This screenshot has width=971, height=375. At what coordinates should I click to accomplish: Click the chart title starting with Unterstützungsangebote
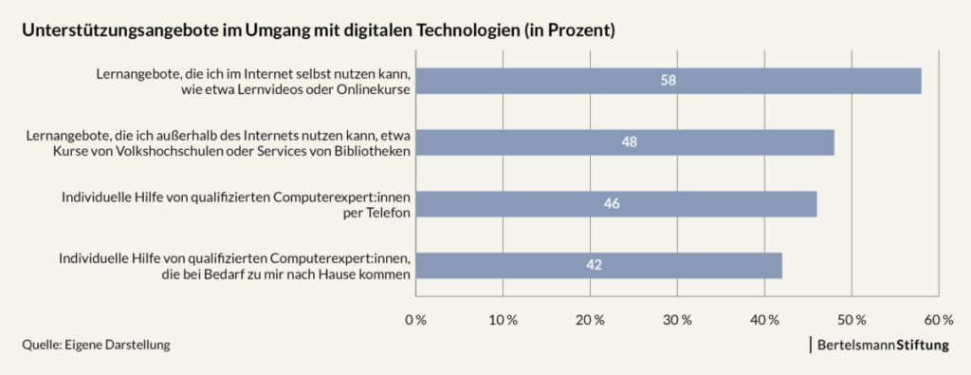click(319, 30)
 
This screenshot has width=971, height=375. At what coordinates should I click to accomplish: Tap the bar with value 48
click(625, 142)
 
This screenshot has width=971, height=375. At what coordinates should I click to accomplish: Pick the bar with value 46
click(615, 204)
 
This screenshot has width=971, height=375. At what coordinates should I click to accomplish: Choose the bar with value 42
click(598, 265)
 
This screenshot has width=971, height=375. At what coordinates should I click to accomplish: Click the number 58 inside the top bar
click(669, 81)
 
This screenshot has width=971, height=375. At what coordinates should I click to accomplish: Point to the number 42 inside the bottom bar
click(595, 265)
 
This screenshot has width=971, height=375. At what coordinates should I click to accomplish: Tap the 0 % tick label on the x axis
click(415, 320)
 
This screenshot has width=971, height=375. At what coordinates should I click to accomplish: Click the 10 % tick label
click(503, 320)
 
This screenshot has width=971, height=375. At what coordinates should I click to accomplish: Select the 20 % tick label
click(590, 320)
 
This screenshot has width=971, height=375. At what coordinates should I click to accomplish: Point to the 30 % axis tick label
click(677, 320)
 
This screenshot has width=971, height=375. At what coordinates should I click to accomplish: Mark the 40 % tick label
click(764, 320)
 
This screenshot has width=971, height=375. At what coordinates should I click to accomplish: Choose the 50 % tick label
click(852, 320)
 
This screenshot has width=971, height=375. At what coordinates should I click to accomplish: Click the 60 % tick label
click(938, 320)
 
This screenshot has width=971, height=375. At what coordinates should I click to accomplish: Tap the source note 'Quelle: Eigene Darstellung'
click(97, 346)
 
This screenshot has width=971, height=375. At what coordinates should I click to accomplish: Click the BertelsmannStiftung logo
click(879, 346)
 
